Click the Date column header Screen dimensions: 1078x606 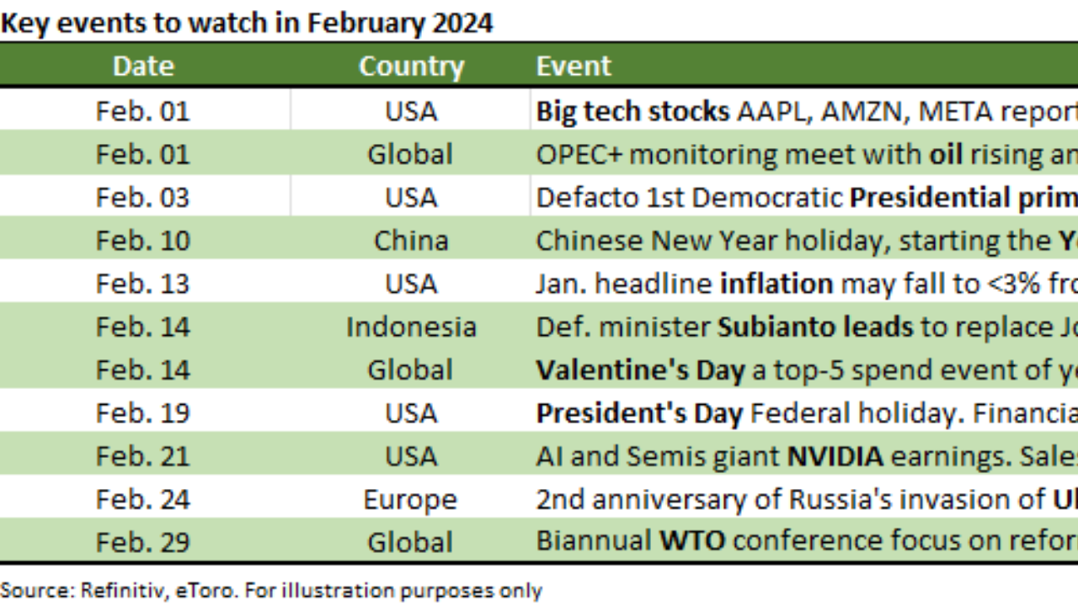tap(143, 66)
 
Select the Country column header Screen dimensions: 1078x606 tap(412, 66)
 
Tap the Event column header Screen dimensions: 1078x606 tap(574, 66)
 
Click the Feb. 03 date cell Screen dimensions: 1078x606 tap(143, 198)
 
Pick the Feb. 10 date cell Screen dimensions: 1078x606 tap(143, 241)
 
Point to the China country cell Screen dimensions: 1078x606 tap(411, 241)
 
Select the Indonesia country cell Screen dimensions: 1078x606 tap(412, 327)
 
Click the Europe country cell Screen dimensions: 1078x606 tap(410, 500)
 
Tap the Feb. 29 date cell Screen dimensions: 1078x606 tap(143, 543)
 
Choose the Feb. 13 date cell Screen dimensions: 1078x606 tap(143, 284)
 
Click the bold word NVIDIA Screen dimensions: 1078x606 tap(835, 456)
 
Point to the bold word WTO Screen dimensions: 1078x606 tap(692, 540)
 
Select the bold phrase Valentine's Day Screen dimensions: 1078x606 tap(641, 370)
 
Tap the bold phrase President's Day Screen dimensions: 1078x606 tap(639, 413)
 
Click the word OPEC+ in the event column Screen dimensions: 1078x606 tap(579, 155)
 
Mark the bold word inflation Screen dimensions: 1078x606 tap(776, 284)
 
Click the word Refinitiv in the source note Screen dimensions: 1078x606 tap(125, 591)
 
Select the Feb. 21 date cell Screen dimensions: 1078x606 tap(143, 456)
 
